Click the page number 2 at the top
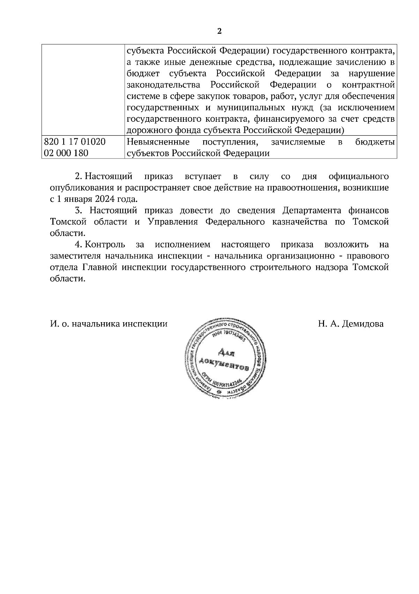(x=219, y=31)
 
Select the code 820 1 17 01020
(x=75, y=142)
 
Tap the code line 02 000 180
(x=66, y=153)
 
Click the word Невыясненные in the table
(x=158, y=142)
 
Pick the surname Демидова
(x=363, y=324)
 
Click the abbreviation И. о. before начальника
(x=59, y=324)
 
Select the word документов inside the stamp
(x=224, y=365)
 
